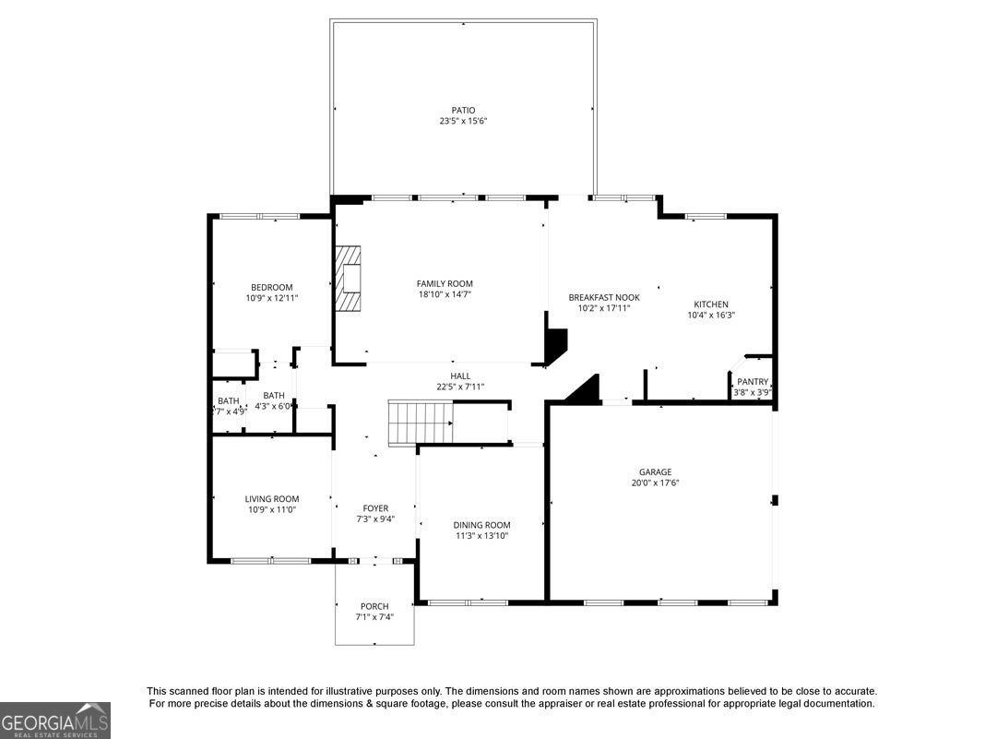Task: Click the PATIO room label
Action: tap(464, 111)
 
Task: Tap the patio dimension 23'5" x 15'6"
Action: tap(464, 121)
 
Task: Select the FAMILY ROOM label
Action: tap(445, 284)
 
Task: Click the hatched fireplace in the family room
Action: tap(348, 278)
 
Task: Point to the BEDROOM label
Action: tap(272, 288)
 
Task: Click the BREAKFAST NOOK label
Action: tap(604, 298)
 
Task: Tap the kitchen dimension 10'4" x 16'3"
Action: tap(711, 316)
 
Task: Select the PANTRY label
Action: tap(753, 382)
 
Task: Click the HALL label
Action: tap(460, 376)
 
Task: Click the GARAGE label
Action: tap(655, 472)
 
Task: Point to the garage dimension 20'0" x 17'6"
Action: tap(656, 483)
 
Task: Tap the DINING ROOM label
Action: tap(481, 525)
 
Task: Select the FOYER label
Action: tap(375, 508)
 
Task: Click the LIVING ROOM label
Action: tap(272, 499)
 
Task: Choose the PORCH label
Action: tap(374, 606)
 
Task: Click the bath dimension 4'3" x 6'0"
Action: tap(273, 407)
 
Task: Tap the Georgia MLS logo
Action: tap(55, 721)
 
